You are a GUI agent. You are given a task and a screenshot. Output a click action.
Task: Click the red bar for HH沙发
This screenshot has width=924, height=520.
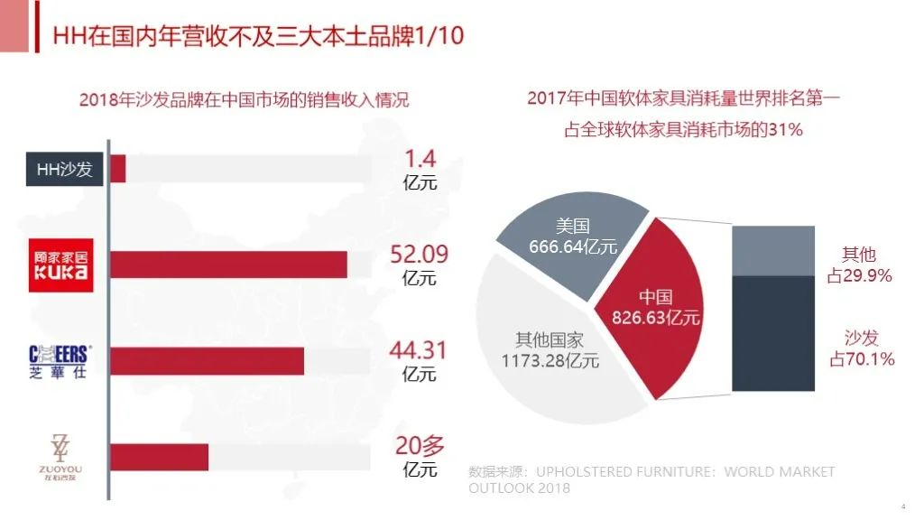click(x=118, y=169)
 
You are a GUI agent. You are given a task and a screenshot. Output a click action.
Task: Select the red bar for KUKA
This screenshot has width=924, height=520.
click(x=228, y=265)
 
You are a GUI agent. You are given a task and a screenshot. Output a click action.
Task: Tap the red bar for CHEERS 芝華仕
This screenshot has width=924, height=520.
click(x=207, y=360)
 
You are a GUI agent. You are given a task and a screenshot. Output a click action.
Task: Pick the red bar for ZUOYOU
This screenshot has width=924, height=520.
click(x=159, y=457)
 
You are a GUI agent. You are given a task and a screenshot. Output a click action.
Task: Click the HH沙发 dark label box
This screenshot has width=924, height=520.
click(x=64, y=169)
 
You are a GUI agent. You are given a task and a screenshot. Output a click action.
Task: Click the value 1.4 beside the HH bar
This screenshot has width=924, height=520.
click(x=419, y=160)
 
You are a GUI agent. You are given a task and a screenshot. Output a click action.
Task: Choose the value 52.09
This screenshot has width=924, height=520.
click(x=419, y=255)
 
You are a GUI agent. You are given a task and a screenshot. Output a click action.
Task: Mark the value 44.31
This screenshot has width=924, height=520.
click(x=419, y=350)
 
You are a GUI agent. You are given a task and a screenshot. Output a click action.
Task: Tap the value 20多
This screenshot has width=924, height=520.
click(x=419, y=446)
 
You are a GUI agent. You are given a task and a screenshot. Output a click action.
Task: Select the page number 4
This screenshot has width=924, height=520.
click(x=903, y=506)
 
